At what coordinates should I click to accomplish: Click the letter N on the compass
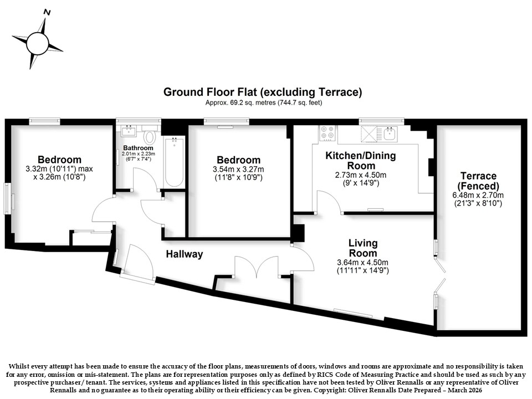click(48, 13)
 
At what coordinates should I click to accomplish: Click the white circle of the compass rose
click(37, 43)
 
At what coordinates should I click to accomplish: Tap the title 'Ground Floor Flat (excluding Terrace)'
click(263, 92)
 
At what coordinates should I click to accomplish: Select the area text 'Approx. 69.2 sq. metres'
click(240, 103)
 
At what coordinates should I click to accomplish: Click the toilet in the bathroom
click(149, 137)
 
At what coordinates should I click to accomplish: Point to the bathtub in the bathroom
click(174, 162)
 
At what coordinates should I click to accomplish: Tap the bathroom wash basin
click(129, 131)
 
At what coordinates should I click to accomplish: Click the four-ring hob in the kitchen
click(328, 132)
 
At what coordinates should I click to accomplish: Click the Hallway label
click(185, 254)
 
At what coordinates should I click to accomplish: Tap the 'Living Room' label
click(362, 248)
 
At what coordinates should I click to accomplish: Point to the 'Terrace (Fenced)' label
click(478, 181)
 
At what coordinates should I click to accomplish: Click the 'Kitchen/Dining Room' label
click(361, 161)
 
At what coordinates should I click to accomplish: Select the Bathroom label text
click(138, 148)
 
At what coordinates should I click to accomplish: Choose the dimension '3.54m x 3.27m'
click(238, 170)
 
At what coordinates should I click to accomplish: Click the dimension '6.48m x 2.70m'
click(478, 195)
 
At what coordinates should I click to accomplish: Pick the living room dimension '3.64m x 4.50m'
click(362, 262)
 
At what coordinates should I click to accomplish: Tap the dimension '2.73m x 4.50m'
click(361, 175)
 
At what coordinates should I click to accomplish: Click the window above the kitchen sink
click(382, 120)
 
